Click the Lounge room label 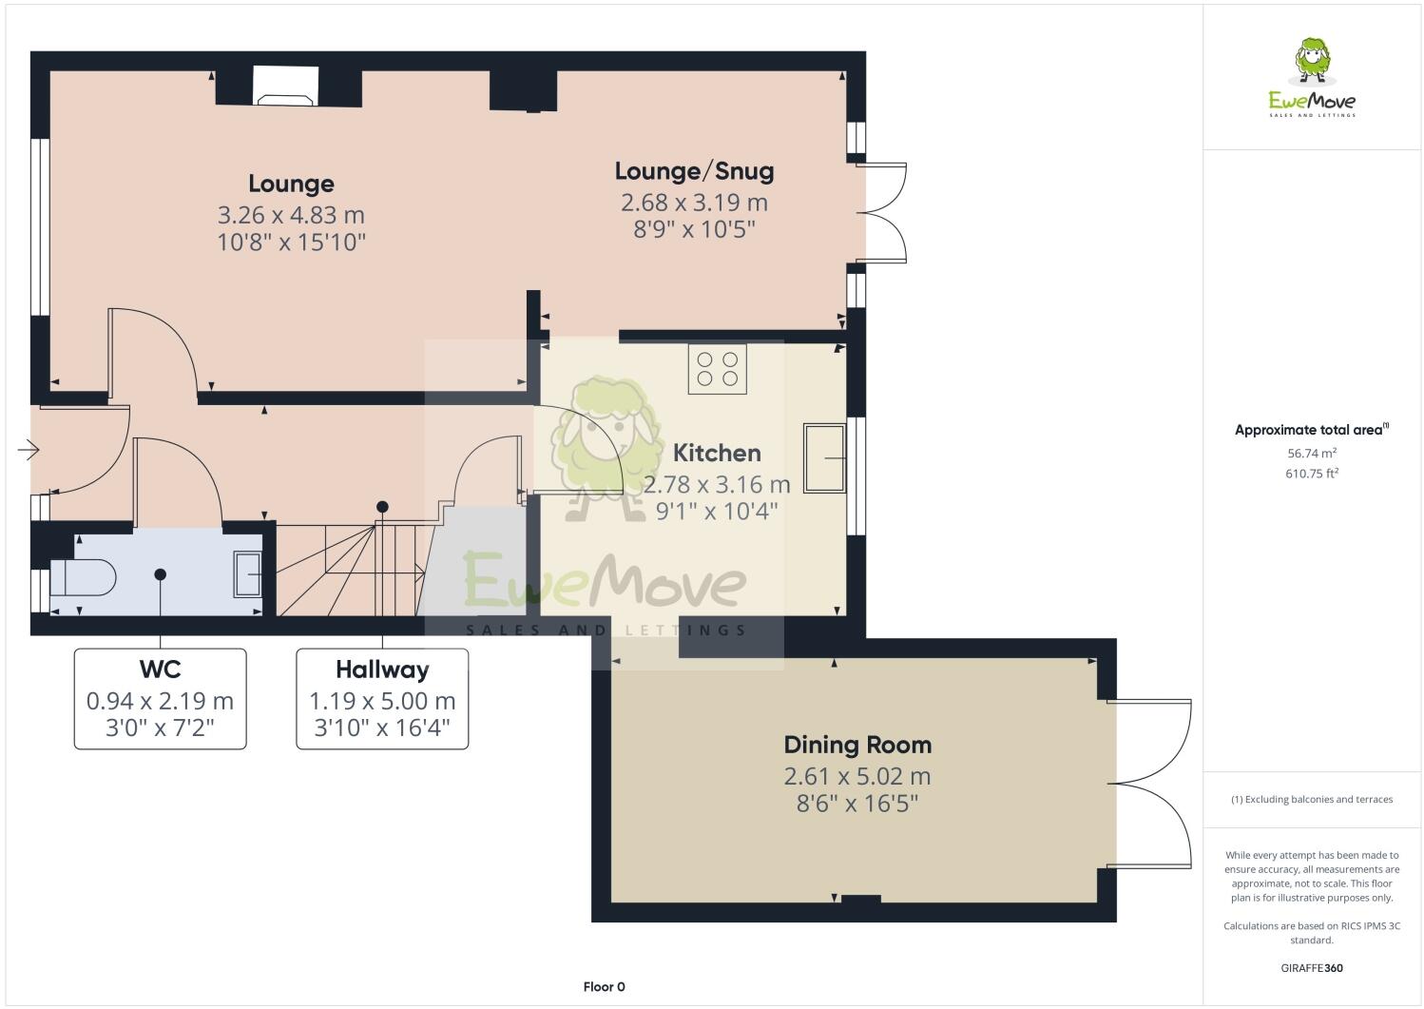pyautogui.click(x=291, y=184)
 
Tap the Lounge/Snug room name pyautogui.click(x=694, y=171)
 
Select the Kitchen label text pyautogui.click(x=717, y=453)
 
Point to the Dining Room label pyautogui.click(x=856, y=745)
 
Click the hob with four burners pyautogui.click(x=717, y=369)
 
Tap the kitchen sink pyautogui.click(x=824, y=458)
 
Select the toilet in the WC pyautogui.click(x=83, y=576)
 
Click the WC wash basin pyautogui.click(x=248, y=573)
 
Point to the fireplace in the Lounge pyautogui.click(x=286, y=87)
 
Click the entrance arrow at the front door pyautogui.click(x=29, y=450)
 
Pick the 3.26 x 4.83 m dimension pyautogui.click(x=291, y=215)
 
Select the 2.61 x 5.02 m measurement pyautogui.click(x=856, y=776)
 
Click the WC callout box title pyautogui.click(x=160, y=669)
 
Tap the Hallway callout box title pyautogui.click(x=382, y=669)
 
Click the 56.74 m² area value pyautogui.click(x=1311, y=454)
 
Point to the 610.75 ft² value pyautogui.click(x=1311, y=473)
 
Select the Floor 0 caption pyautogui.click(x=604, y=986)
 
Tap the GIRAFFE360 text pyautogui.click(x=1311, y=968)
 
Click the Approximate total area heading pyautogui.click(x=1311, y=430)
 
